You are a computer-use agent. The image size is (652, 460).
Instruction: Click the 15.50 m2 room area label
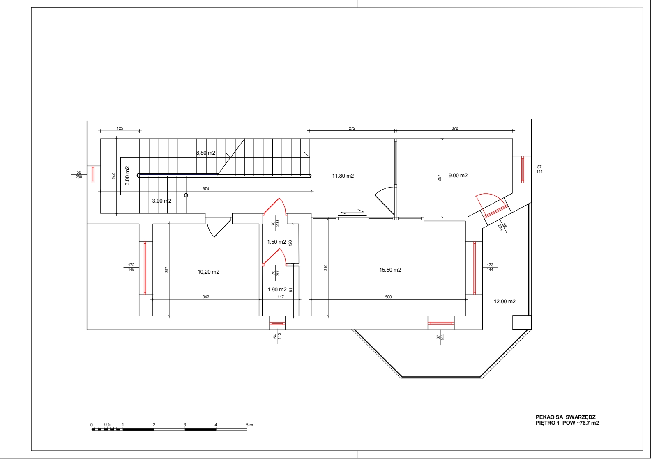pos(390,270)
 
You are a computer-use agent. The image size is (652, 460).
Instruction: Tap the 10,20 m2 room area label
pos(208,272)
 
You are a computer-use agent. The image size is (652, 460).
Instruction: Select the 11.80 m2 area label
pos(343,176)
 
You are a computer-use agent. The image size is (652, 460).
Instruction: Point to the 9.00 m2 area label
pos(458,175)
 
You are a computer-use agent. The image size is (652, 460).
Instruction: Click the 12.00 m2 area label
pos(505,302)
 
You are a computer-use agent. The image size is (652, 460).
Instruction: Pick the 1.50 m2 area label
pos(276,242)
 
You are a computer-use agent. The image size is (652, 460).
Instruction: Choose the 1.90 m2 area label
pos(277,290)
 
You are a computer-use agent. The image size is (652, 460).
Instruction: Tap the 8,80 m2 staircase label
pos(205,153)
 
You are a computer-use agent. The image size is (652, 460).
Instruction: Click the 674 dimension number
pos(206,189)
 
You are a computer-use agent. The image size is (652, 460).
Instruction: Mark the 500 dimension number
pos(388,297)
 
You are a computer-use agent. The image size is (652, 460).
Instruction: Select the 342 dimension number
pos(206,297)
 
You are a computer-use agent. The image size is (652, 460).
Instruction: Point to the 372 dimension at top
pos(455,128)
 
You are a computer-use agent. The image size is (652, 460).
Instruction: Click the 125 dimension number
pos(120,128)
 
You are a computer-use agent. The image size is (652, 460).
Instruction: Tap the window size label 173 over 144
pos(490,267)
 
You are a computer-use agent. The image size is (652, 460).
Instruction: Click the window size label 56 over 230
pos(79,174)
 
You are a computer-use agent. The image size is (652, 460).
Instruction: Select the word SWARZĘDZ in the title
pos(581,417)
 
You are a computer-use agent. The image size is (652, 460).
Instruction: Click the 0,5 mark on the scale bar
pos(107,425)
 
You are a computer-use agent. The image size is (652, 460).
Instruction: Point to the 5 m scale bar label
pos(249,425)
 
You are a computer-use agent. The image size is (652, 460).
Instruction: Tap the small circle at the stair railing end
pos(186,195)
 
